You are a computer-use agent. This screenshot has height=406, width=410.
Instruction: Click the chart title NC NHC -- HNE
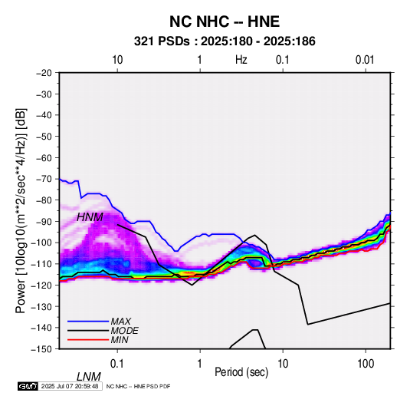coord(225,21)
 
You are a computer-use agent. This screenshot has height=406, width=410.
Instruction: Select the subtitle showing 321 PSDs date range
coord(225,41)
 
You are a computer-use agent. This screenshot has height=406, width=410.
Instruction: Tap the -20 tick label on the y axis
coord(44,73)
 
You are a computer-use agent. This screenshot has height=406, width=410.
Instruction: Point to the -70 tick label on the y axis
coord(44,179)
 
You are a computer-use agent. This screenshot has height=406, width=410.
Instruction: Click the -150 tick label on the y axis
coord(41,349)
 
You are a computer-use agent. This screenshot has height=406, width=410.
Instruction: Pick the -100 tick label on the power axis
coord(41,243)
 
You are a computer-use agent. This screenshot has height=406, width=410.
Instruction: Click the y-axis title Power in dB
coord(21,211)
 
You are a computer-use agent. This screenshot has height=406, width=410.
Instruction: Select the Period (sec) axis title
coord(241,372)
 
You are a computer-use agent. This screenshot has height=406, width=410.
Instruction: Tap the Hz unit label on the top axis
coord(241,60)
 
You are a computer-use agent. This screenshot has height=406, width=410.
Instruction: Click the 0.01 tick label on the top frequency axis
coord(365,60)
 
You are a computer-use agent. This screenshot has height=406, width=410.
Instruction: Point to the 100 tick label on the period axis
coord(366,364)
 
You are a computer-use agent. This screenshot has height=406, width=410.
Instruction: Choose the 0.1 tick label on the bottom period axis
coord(117,364)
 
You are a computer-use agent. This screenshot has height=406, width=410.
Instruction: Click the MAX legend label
coord(120,322)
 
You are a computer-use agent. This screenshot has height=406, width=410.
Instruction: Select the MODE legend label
coord(124,331)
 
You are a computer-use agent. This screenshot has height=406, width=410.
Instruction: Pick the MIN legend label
coord(120,340)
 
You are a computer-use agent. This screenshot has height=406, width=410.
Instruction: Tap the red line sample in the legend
coord(88,340)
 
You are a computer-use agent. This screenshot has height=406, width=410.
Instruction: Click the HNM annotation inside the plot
coord(90,217)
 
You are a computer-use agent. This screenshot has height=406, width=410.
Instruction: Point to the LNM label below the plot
coord(89,377)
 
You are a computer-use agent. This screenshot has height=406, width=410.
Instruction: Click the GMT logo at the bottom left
coord(28,386)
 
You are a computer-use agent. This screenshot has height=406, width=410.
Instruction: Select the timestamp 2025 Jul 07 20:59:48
coord(70,386)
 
